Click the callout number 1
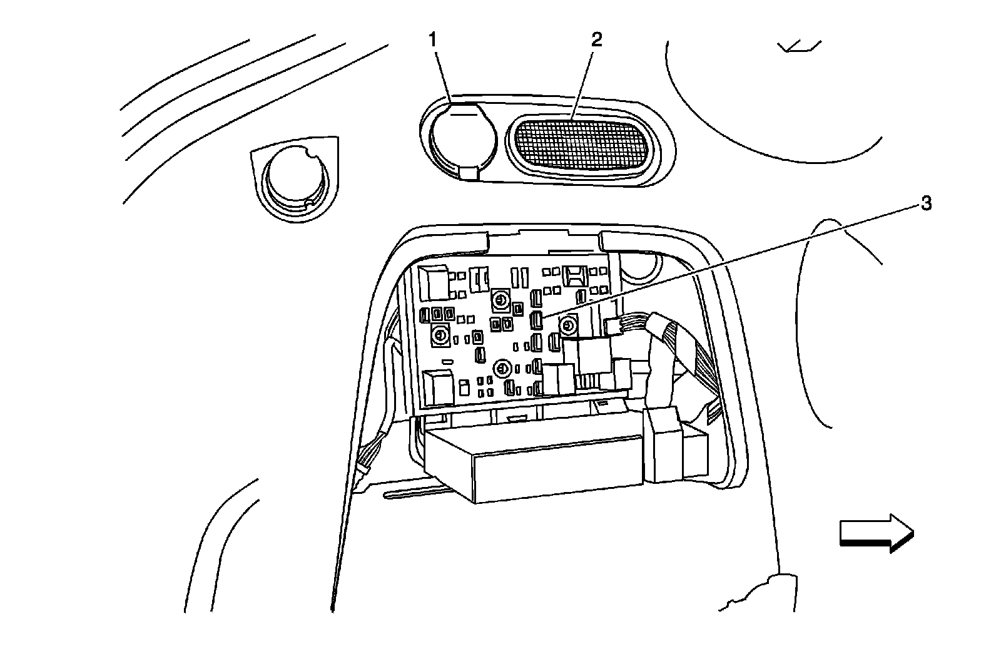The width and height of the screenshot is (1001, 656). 432,39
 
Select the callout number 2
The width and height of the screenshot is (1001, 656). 596,39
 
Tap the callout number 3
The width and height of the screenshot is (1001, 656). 926,203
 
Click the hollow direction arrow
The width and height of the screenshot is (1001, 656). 876,533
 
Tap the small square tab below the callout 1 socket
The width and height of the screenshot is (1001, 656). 469,173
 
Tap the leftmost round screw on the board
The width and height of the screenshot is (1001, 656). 440,336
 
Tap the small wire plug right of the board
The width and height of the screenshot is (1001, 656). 614,325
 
